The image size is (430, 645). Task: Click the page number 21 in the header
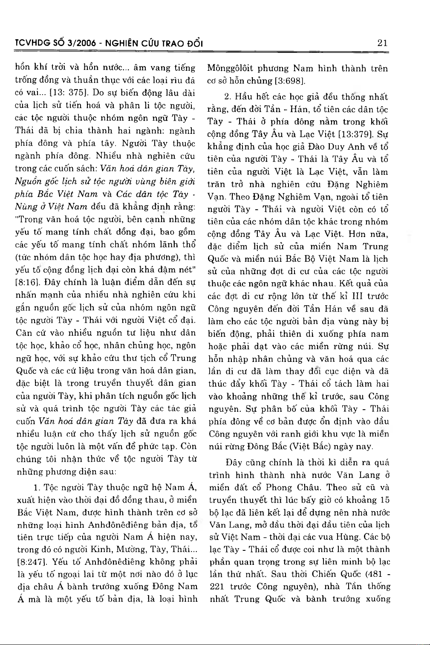pos(382,43)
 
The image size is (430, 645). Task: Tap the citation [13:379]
pos(355,135)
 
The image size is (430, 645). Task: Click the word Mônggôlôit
pos(230,68)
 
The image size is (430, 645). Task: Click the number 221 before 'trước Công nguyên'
pos(217,586)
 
